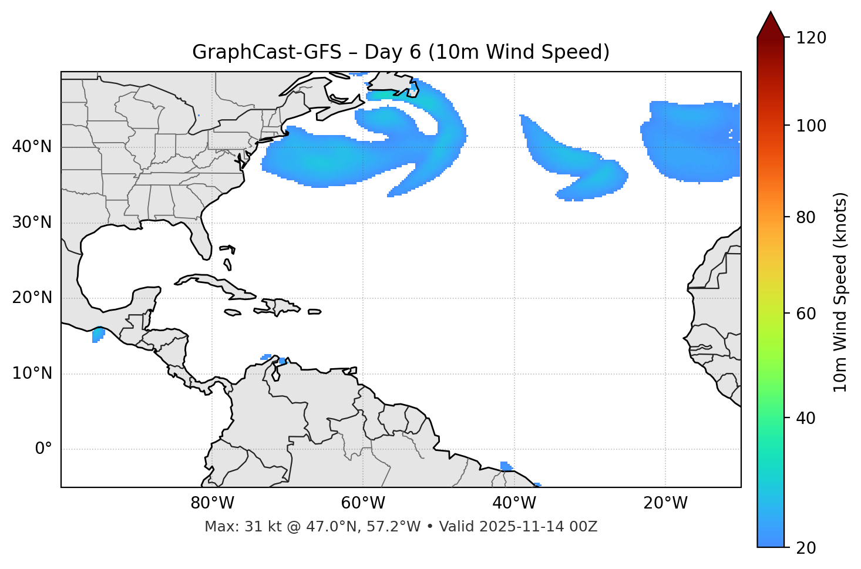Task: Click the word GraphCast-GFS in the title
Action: (x=267, y=52)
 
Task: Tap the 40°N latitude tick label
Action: (x=32, y=146)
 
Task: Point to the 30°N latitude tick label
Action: (x=32, y=223)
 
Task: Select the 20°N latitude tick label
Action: (x=32, y=298)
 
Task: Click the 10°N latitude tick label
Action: (x=32, y=373)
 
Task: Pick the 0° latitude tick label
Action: (x=43, y=449)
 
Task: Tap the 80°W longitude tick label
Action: (x=212, y=503)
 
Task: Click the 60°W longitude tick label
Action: (x=362, y=503)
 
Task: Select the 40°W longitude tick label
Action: (x=514, y=503)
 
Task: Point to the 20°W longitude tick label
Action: (x=665, y=503)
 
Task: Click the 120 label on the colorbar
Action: (x=811, y=38)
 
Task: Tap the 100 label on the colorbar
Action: (x=811, y=126)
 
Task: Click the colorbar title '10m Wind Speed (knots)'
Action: (x=840, y=292)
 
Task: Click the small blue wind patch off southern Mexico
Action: (x=98, y=335)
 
